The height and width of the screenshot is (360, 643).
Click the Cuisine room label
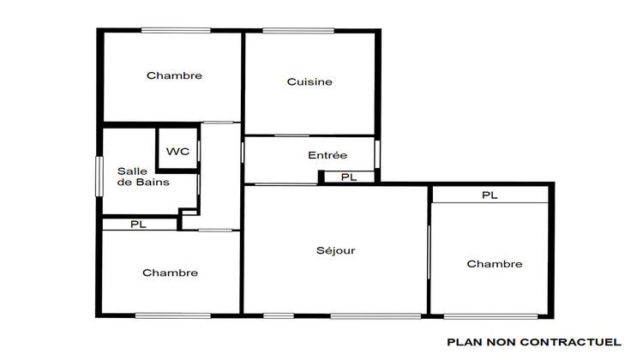[x=309, y=82]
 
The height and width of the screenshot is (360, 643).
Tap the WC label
[x=177, y=152]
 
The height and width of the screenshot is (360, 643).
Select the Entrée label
[x=327, y=155]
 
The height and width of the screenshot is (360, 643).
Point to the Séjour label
[x=335, y=251]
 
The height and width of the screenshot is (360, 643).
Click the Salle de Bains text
[x=143, y=177]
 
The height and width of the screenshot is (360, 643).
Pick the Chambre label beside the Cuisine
[x=174, y=75]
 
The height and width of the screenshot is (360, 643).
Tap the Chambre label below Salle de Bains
[x=170, y=273]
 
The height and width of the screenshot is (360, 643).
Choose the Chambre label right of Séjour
[x=495, y=264]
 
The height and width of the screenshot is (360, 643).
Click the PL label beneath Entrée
[x=349, y=177]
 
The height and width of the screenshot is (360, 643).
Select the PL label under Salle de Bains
[x=138, y=225]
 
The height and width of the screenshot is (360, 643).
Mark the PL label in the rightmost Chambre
[x=490, y=195]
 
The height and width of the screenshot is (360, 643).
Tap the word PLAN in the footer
[x=465, y=342]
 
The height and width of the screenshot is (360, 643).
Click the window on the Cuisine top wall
[x=298, y=32]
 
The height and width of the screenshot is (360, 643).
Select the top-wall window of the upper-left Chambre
[x=176, y=32]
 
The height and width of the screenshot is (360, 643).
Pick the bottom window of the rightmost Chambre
[x=491, y=316]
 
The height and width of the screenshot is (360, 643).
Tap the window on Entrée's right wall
[x=376, y=153]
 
